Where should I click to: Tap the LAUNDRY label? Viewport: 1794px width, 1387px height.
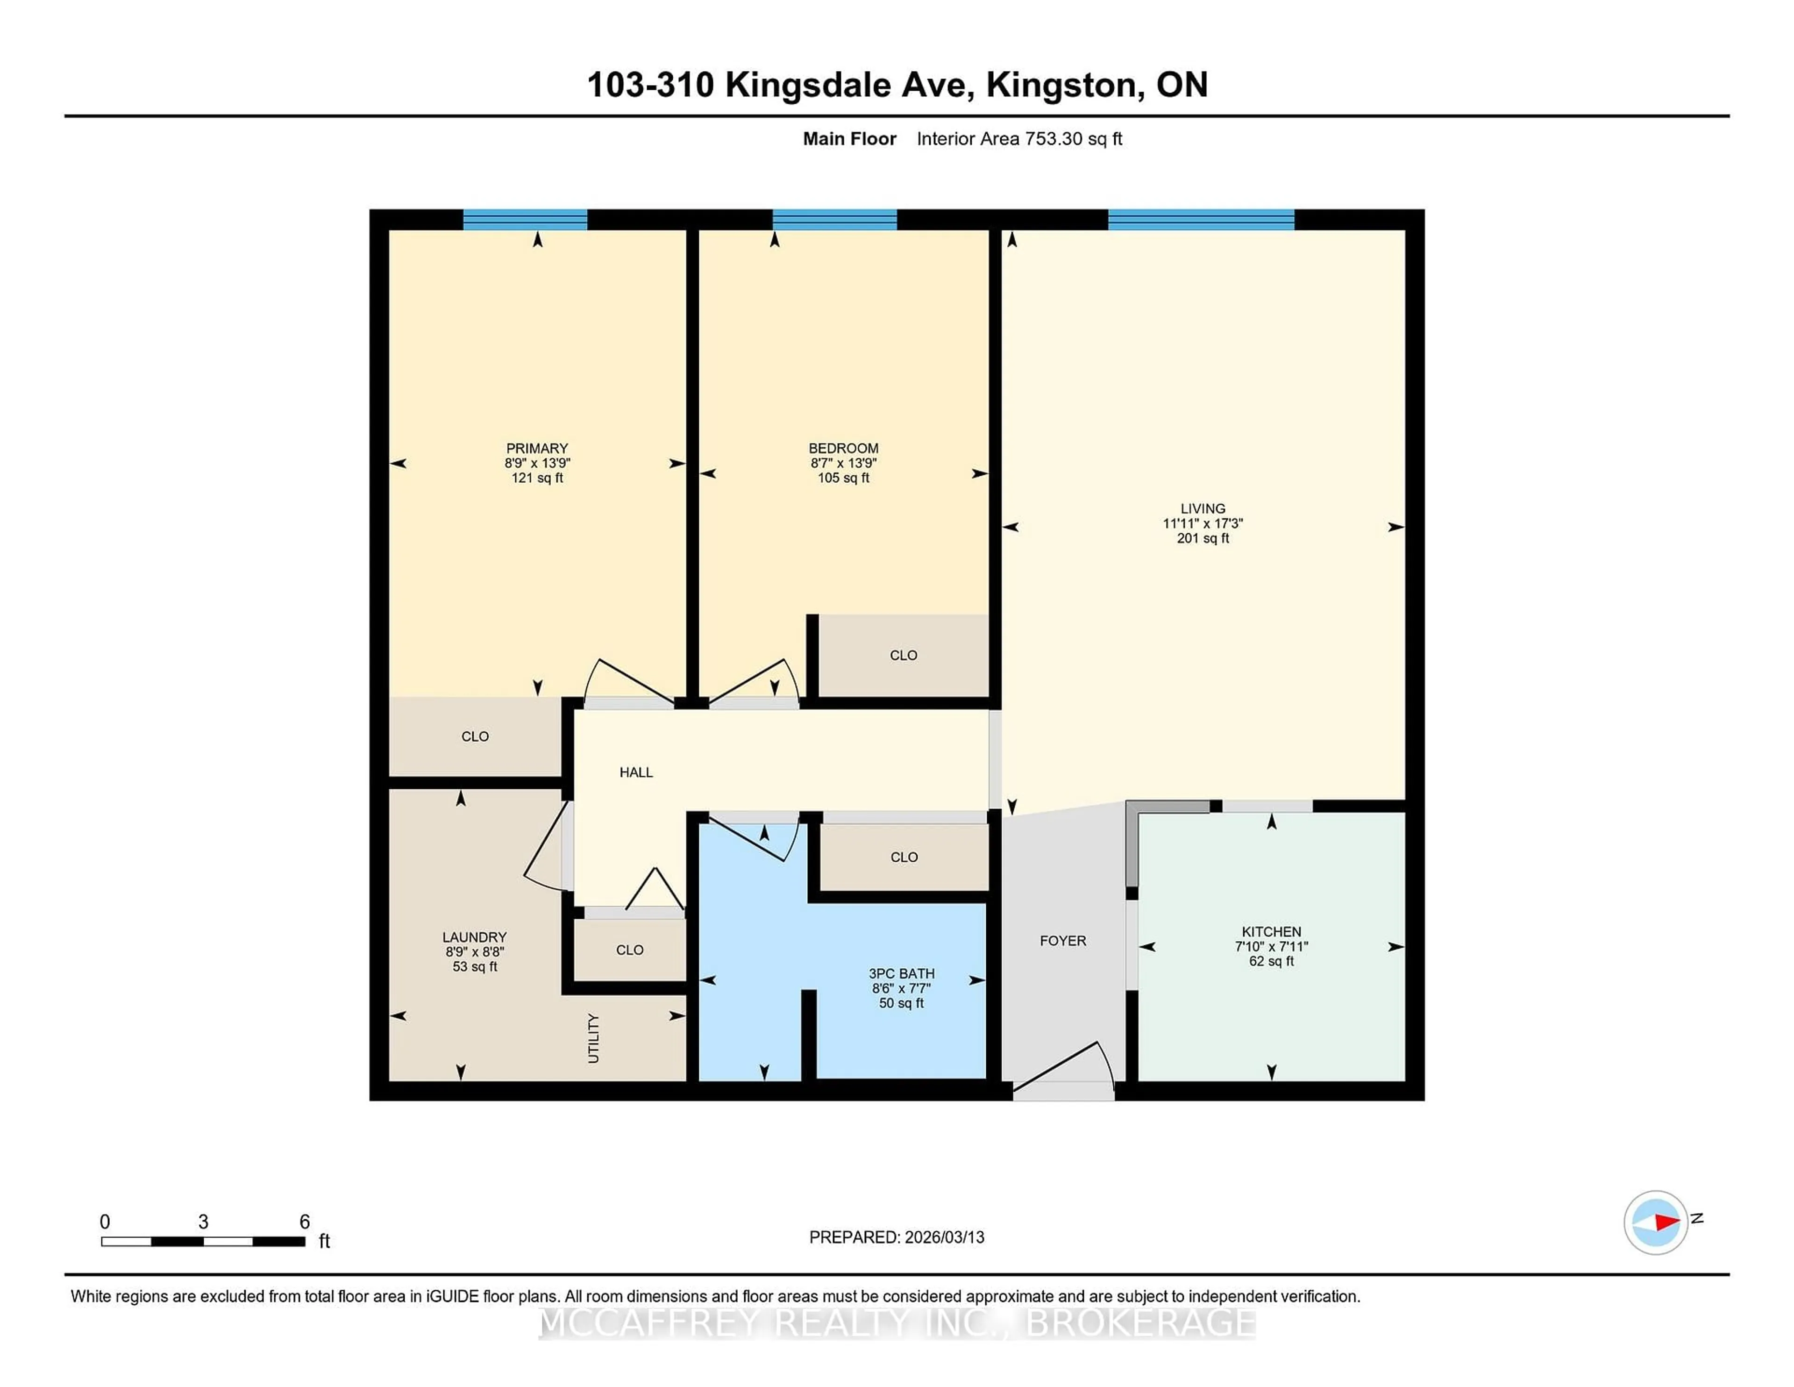click(474, 937)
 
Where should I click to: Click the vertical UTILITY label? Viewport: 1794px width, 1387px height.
click(593, 1038)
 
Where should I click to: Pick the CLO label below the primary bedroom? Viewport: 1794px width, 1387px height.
click(475, 736)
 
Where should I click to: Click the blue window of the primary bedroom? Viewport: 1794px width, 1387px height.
click(525, 219)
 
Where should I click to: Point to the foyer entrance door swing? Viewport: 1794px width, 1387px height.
click(1068, 1068)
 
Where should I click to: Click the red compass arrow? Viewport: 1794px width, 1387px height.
click(1666, 1223)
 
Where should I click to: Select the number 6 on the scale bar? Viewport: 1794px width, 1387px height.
click(304, 1222)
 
